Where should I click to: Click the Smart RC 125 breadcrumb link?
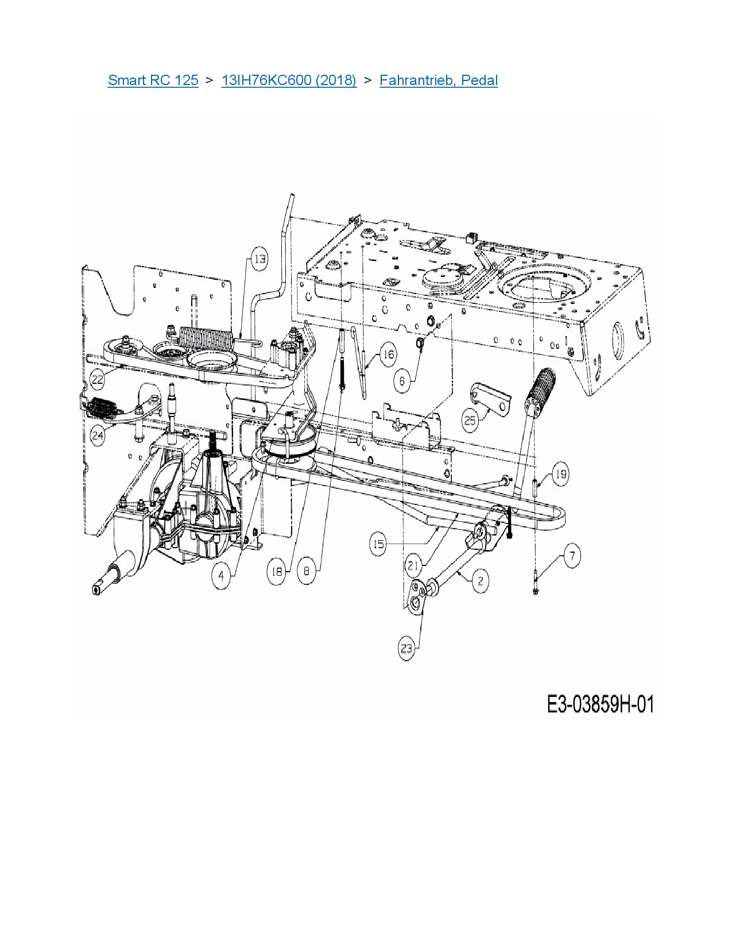(x=153, y=80)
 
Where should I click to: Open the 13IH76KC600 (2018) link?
(x=289, y=80)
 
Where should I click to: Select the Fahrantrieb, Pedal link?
(x=439, y=80)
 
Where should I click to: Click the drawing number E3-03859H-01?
(x=600, y=704)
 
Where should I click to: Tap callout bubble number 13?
(x=260, y=259)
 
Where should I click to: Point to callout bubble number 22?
(x=98, y=379)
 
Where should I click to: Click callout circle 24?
(x=98, y=435)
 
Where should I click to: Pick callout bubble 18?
(x=277, y=572)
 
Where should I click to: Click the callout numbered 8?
(x=307, y=571)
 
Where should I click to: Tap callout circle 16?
(x=388, y=354)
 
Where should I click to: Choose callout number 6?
(x=402, y=381)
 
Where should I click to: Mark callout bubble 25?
(x=470, y=420)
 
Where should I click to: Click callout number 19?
(x=560, y=474)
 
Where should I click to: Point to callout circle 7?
(x=572, y=556)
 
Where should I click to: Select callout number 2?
(x=481, y=580)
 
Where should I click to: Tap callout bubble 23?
(x=406, y=649)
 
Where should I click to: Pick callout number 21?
(x=413, y=565)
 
